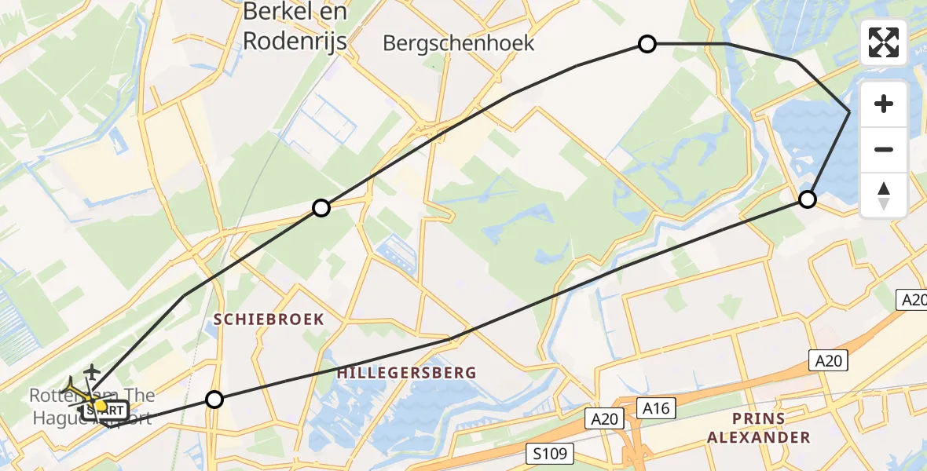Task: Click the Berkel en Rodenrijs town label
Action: [x=295, y=26]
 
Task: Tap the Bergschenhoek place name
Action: [x=459, y=43]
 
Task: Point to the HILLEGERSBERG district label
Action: [x=406, y=373]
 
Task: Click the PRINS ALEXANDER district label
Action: [x=758, y=428]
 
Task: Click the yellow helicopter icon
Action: [x=77, y=392]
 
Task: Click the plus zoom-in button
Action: [x=884, y=104]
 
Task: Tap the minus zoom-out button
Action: [x=884, y=149]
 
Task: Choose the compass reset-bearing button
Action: [x=884, y=195]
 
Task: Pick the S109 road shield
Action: [x=551, y=454]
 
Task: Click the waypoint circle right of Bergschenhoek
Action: [x=647, y=44]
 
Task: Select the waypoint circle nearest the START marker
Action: [x=214, y=400]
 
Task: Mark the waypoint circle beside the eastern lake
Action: [x=807, y=199]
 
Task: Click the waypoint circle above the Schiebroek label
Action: [x=321, y=208]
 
